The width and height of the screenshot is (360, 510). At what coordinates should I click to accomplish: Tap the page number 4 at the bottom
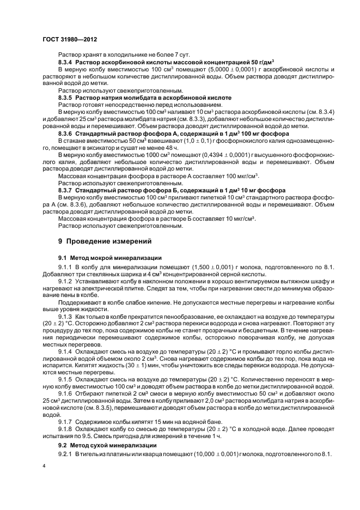tap(44, 466)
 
